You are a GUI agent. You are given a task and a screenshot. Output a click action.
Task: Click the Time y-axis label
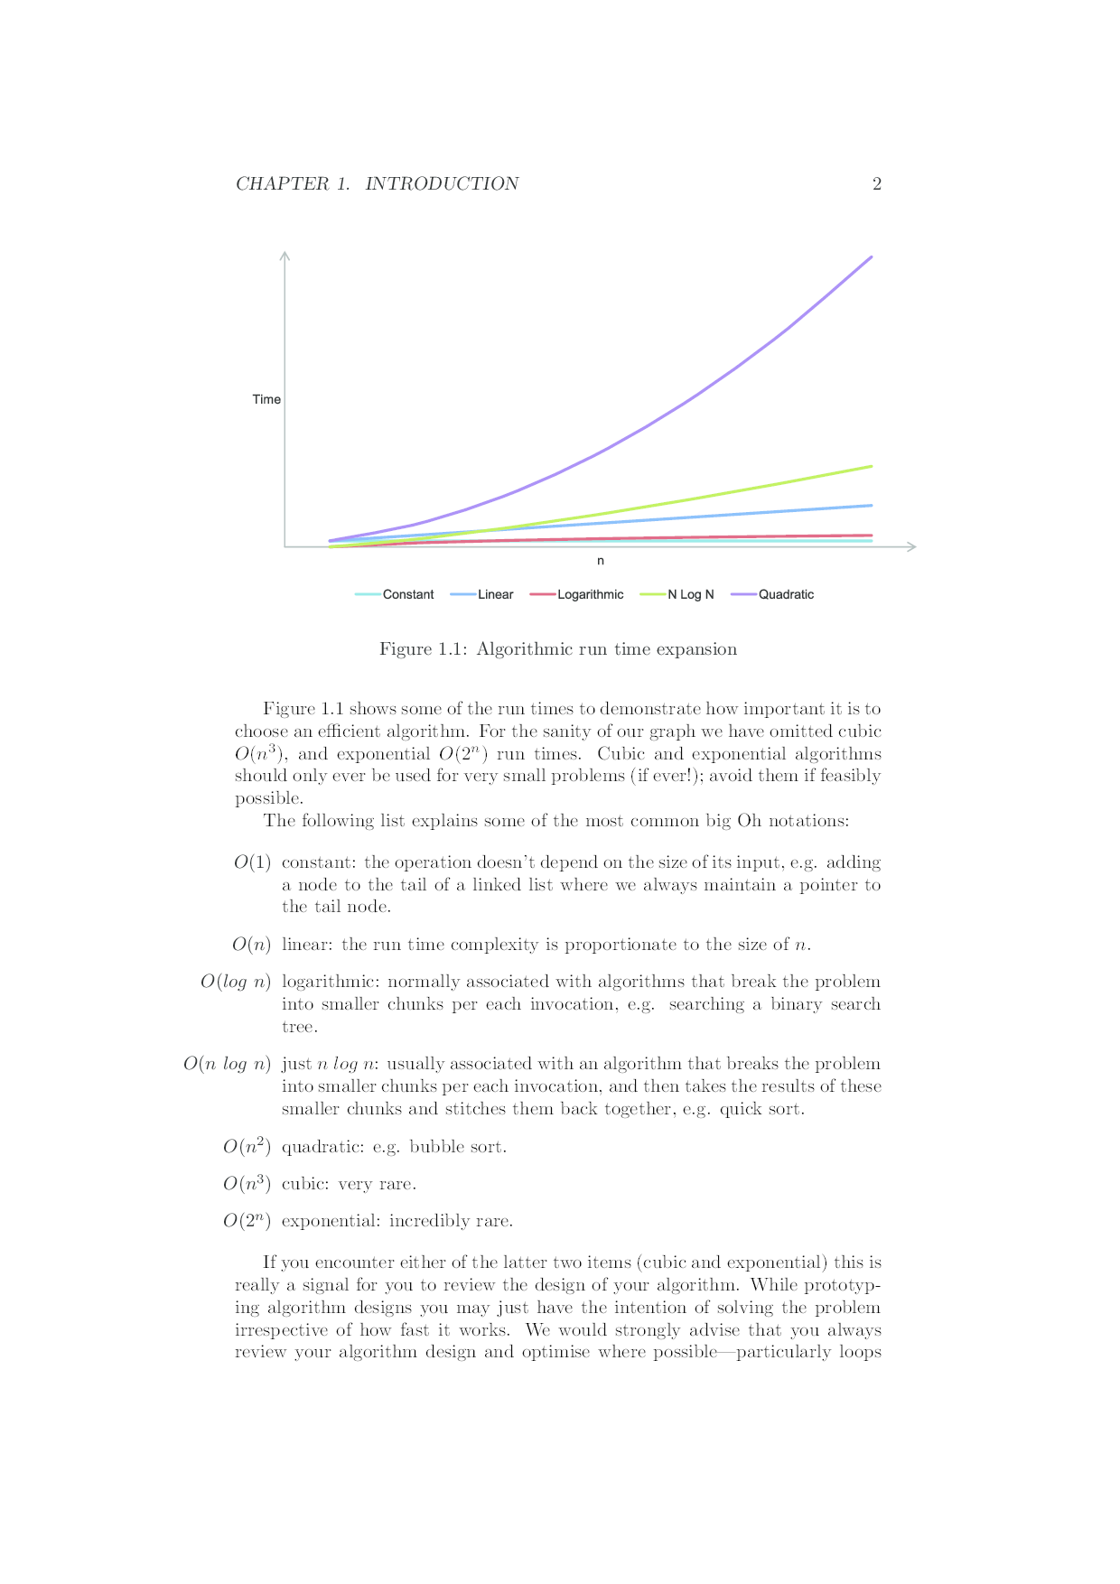pos(266,399)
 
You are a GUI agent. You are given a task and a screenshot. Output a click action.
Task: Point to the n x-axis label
pos(601,561)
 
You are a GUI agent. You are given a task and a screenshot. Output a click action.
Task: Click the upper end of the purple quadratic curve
pos(871,257)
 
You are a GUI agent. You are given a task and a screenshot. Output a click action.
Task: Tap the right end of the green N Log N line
pos(871,466)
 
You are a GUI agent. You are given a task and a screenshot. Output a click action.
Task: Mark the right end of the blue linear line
pos(871,505)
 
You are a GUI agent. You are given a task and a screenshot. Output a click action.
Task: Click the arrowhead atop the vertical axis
pos(285,255)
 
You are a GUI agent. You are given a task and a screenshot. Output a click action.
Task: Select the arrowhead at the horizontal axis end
pos(912,546)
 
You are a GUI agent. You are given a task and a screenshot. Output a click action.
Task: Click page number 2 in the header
pos(876,184)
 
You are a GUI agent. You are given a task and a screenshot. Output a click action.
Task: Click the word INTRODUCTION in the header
pos(442,184)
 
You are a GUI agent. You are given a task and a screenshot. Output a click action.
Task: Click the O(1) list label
pos(252,862)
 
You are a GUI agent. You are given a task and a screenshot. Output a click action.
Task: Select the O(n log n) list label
pos(227,1064)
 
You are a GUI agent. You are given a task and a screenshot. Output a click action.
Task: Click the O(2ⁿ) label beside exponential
pos(247,1221)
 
